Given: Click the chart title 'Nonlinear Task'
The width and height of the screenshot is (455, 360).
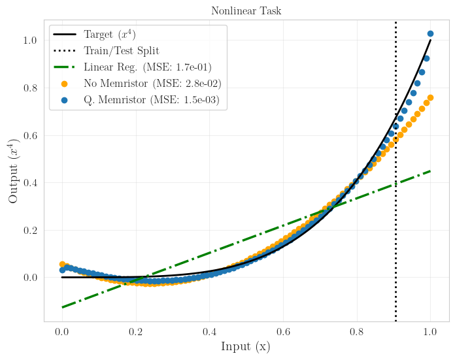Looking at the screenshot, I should point(246,11).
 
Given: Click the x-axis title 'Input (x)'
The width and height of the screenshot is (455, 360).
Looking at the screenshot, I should point(246,347).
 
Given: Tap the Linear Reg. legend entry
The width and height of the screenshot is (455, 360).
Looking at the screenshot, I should point(147,67).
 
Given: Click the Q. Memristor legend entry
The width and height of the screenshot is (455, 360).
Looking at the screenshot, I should point(150,100).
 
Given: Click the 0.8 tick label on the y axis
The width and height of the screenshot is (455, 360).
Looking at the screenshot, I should point(30,88).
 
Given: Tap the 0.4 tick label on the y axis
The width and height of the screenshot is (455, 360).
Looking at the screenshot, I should point(30,183).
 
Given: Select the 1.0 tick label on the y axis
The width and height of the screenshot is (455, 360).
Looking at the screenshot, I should point(30,41).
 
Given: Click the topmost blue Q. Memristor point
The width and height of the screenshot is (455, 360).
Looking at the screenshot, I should point(430,33).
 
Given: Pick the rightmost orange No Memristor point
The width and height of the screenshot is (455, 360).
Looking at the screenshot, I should point(430,98).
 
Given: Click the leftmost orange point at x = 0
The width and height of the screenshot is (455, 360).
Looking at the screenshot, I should point(63,265).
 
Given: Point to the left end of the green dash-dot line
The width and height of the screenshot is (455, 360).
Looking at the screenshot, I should point(63,307).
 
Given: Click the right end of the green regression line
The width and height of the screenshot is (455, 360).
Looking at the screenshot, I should point(430,171).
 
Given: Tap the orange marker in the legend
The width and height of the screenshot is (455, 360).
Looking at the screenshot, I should point(64,84).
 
